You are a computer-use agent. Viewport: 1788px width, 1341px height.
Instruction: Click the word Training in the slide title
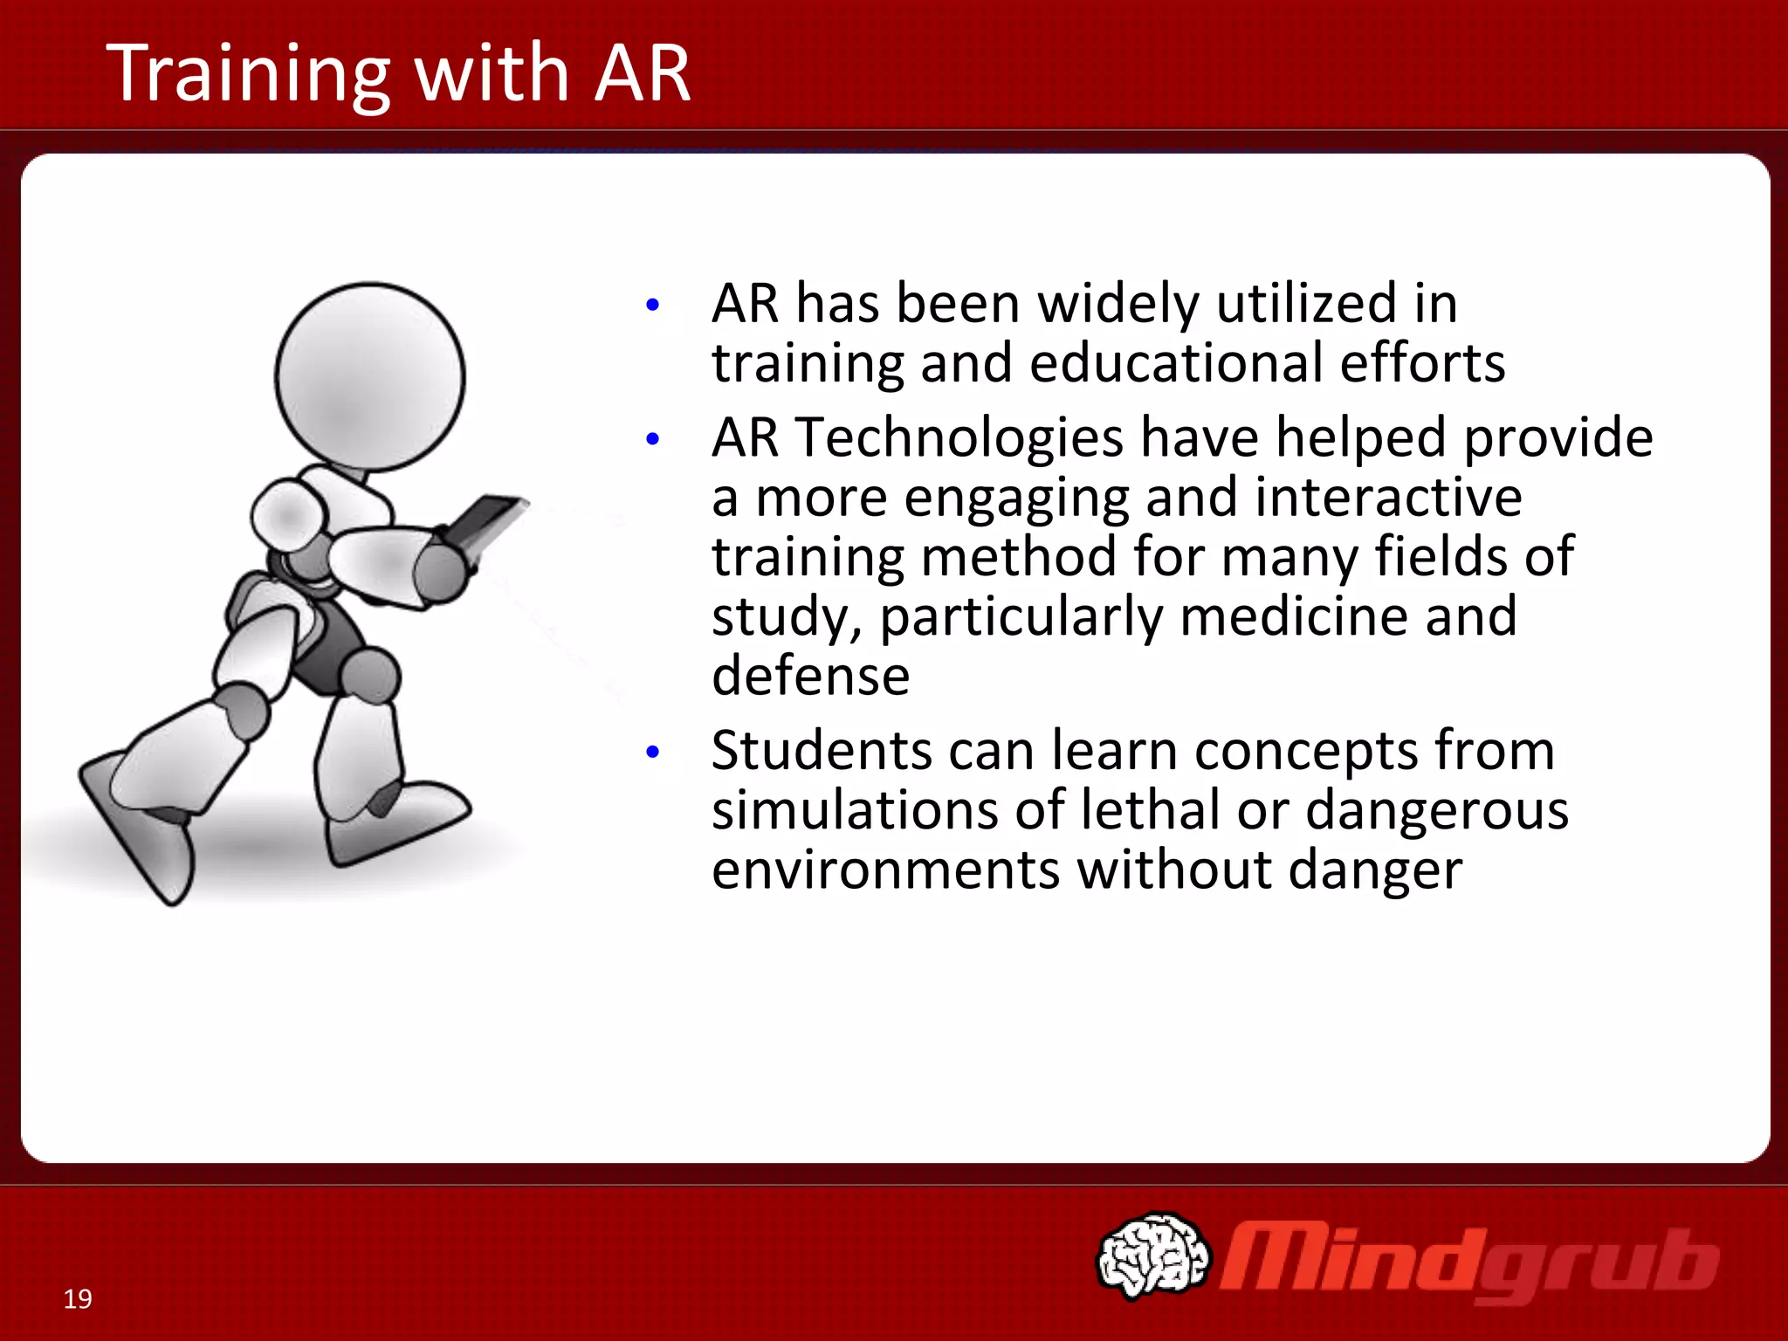pos(249,74)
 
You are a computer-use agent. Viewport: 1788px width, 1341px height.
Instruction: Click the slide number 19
pos(78,1299)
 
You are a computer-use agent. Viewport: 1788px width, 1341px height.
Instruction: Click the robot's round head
pos(370,377)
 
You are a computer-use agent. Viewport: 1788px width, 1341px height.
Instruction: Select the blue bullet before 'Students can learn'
pos(652,752)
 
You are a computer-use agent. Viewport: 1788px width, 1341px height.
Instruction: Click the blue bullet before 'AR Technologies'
pos(652,439)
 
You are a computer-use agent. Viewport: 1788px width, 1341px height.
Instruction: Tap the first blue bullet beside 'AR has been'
pos(652,306)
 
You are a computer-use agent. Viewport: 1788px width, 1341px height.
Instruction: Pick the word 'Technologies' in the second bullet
pos(959,438)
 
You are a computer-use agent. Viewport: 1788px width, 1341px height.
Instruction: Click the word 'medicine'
pos(1293,616)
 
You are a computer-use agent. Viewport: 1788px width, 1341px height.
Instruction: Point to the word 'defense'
pos(810,676)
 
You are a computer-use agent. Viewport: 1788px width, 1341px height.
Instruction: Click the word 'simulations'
pos(854,810)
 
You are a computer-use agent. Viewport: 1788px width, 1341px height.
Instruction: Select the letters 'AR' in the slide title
pos(642,74)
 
